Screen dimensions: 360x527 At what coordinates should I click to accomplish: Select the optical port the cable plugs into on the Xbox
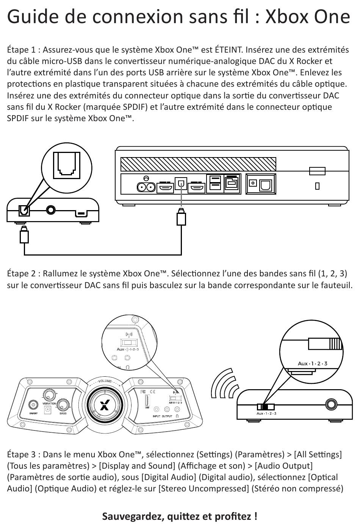tap(181, 184)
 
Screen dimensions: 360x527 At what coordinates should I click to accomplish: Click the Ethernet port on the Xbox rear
tap(232, 184)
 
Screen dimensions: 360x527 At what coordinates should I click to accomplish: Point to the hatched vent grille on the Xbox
tap(198, 164)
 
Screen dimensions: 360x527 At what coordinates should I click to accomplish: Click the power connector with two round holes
tap(146, 187)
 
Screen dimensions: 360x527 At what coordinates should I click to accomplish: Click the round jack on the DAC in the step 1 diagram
tap(51, 209)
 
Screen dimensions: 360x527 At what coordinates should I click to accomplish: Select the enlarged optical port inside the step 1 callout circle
tap(67, 165)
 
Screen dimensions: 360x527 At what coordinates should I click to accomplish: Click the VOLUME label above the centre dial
tap(105, 381)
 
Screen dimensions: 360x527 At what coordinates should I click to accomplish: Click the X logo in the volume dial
tap(103, 405)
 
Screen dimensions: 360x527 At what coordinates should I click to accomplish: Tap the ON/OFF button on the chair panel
tap(33, 404)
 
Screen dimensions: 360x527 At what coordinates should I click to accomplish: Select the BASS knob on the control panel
tap(63, 404)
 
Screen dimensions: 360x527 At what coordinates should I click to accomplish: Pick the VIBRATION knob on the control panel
tap(49, 395)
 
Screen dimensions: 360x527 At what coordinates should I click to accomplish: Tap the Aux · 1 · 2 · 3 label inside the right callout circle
tap(312, 363)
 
